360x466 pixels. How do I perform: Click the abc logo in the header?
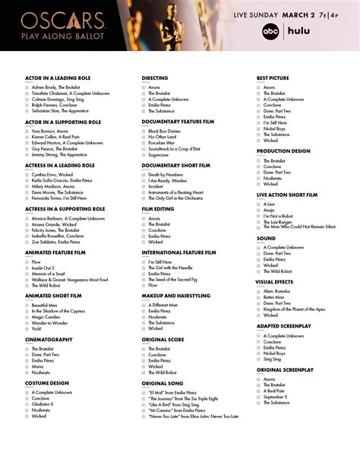click(271, 31)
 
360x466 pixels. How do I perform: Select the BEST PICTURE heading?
click(273, 78)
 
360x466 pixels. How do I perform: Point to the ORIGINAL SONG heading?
click(163, 383)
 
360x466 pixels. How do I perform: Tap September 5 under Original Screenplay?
click(276, 396)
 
